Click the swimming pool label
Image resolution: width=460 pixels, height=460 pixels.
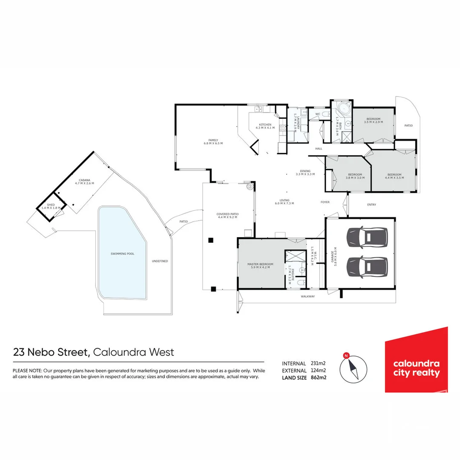point(122,253)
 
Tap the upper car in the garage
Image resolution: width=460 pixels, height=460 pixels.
point(367,237)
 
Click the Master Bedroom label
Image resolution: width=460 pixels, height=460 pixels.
point(260,266)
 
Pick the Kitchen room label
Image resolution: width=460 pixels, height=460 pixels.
point(265,126)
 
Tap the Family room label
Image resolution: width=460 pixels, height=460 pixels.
point(213,141)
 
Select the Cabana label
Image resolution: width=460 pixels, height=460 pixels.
point(84,181)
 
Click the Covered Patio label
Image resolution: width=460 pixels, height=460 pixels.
point(227,216)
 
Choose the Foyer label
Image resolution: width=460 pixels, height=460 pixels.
point(325,202)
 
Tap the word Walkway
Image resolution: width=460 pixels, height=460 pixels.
point(308,296)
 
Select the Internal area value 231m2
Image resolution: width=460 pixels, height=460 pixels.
point(318,363)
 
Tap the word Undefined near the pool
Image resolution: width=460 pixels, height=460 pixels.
point(160,261)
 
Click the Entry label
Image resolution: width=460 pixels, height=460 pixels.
point(371,205)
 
